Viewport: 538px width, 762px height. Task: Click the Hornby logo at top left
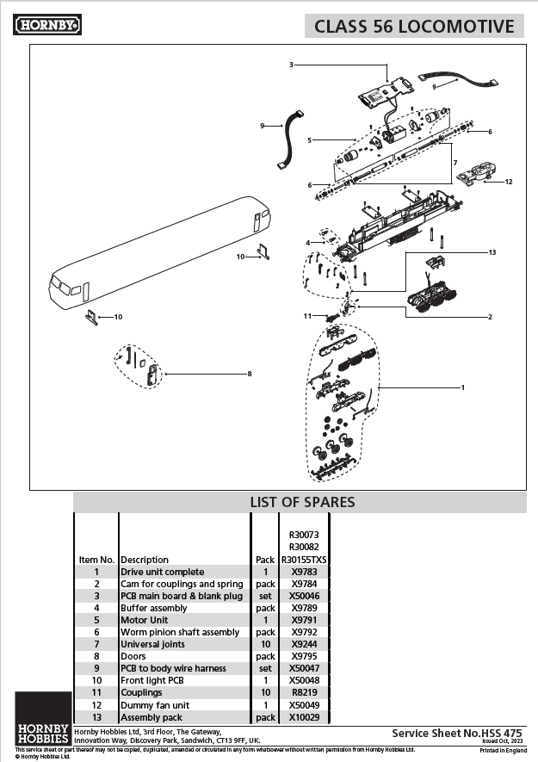[47, 26]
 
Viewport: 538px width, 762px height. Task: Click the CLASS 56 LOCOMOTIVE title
[414, 26]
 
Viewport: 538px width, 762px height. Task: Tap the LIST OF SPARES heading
[302, 502]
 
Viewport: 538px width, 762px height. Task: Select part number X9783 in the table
[305, 572]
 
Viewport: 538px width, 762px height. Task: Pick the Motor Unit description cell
[144, 620]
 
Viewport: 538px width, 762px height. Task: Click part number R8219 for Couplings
[305, 692]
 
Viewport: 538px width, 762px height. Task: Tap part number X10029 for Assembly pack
[305, 716]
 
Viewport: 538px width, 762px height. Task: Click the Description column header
[145, 560]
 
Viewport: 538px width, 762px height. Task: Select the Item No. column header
[96, 560]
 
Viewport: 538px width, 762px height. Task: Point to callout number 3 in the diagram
[292, 65]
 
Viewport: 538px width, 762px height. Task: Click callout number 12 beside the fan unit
[509, 182]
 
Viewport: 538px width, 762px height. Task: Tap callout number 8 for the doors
[250, 374]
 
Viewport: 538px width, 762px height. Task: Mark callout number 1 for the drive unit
[463, 387]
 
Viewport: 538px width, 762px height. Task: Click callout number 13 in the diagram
[492, 252]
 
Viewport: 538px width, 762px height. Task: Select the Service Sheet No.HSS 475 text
[457, 732]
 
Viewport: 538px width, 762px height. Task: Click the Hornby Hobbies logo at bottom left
[43, 719]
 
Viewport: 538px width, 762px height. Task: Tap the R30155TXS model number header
[305, 560]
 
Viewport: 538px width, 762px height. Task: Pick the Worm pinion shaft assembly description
[180, 632]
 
